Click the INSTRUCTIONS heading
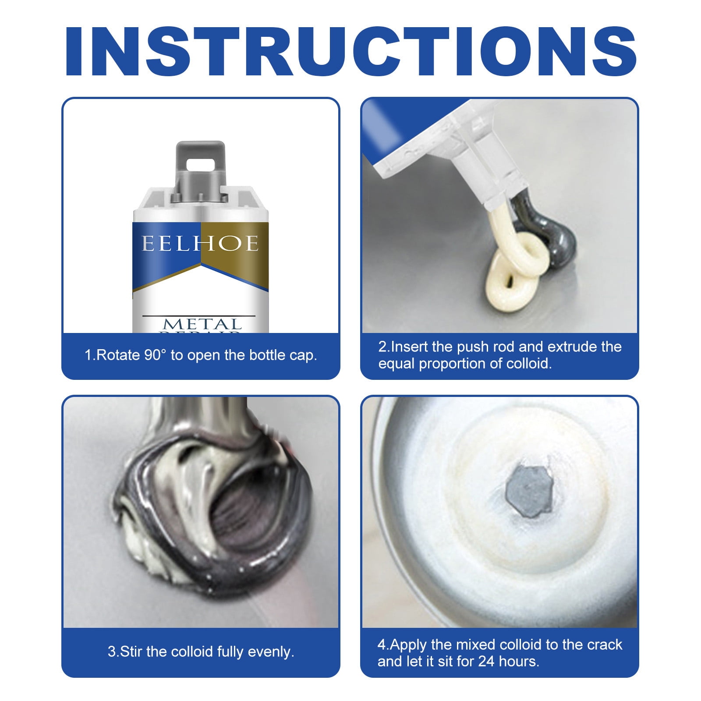(x=350, y=52)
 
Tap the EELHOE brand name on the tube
(x=200, y=244)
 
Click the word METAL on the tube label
(x=202, y=324)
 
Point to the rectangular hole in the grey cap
(x=200, y=164)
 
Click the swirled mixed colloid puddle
(x=210, y=517)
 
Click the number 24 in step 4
(x=486, y=661)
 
